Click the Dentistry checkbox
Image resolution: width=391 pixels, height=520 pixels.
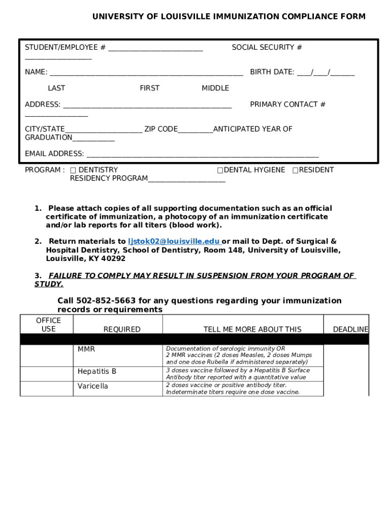tap(73, 170)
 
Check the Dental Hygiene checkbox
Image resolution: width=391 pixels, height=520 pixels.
tap(220, 170)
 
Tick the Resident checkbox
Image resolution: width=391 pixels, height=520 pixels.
tap(295, 170)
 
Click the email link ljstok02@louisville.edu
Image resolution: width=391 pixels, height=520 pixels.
tap(174, 242)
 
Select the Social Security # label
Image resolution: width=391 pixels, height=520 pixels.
tap(267, 48)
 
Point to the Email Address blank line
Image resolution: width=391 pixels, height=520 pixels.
tap(203, 154)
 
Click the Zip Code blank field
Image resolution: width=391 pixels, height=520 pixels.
tap(195, 129)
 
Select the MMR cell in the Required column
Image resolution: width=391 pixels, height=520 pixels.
tap(86, 349)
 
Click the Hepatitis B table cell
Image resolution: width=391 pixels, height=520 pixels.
tap(97, 372)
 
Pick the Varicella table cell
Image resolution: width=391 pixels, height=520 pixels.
tap(93, 386)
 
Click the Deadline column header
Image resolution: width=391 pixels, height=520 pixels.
tap(350, 330)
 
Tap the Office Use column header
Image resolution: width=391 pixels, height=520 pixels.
tap(48, 324)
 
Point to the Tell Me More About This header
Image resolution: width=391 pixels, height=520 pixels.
tap(252, 330)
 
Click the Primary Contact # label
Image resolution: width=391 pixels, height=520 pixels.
tap(287, 105)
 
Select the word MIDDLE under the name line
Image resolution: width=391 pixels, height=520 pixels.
tap(215, 88)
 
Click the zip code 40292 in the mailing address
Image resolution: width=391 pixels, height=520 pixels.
tap(113, 258)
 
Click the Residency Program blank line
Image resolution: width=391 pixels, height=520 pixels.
tap(186, 179)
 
